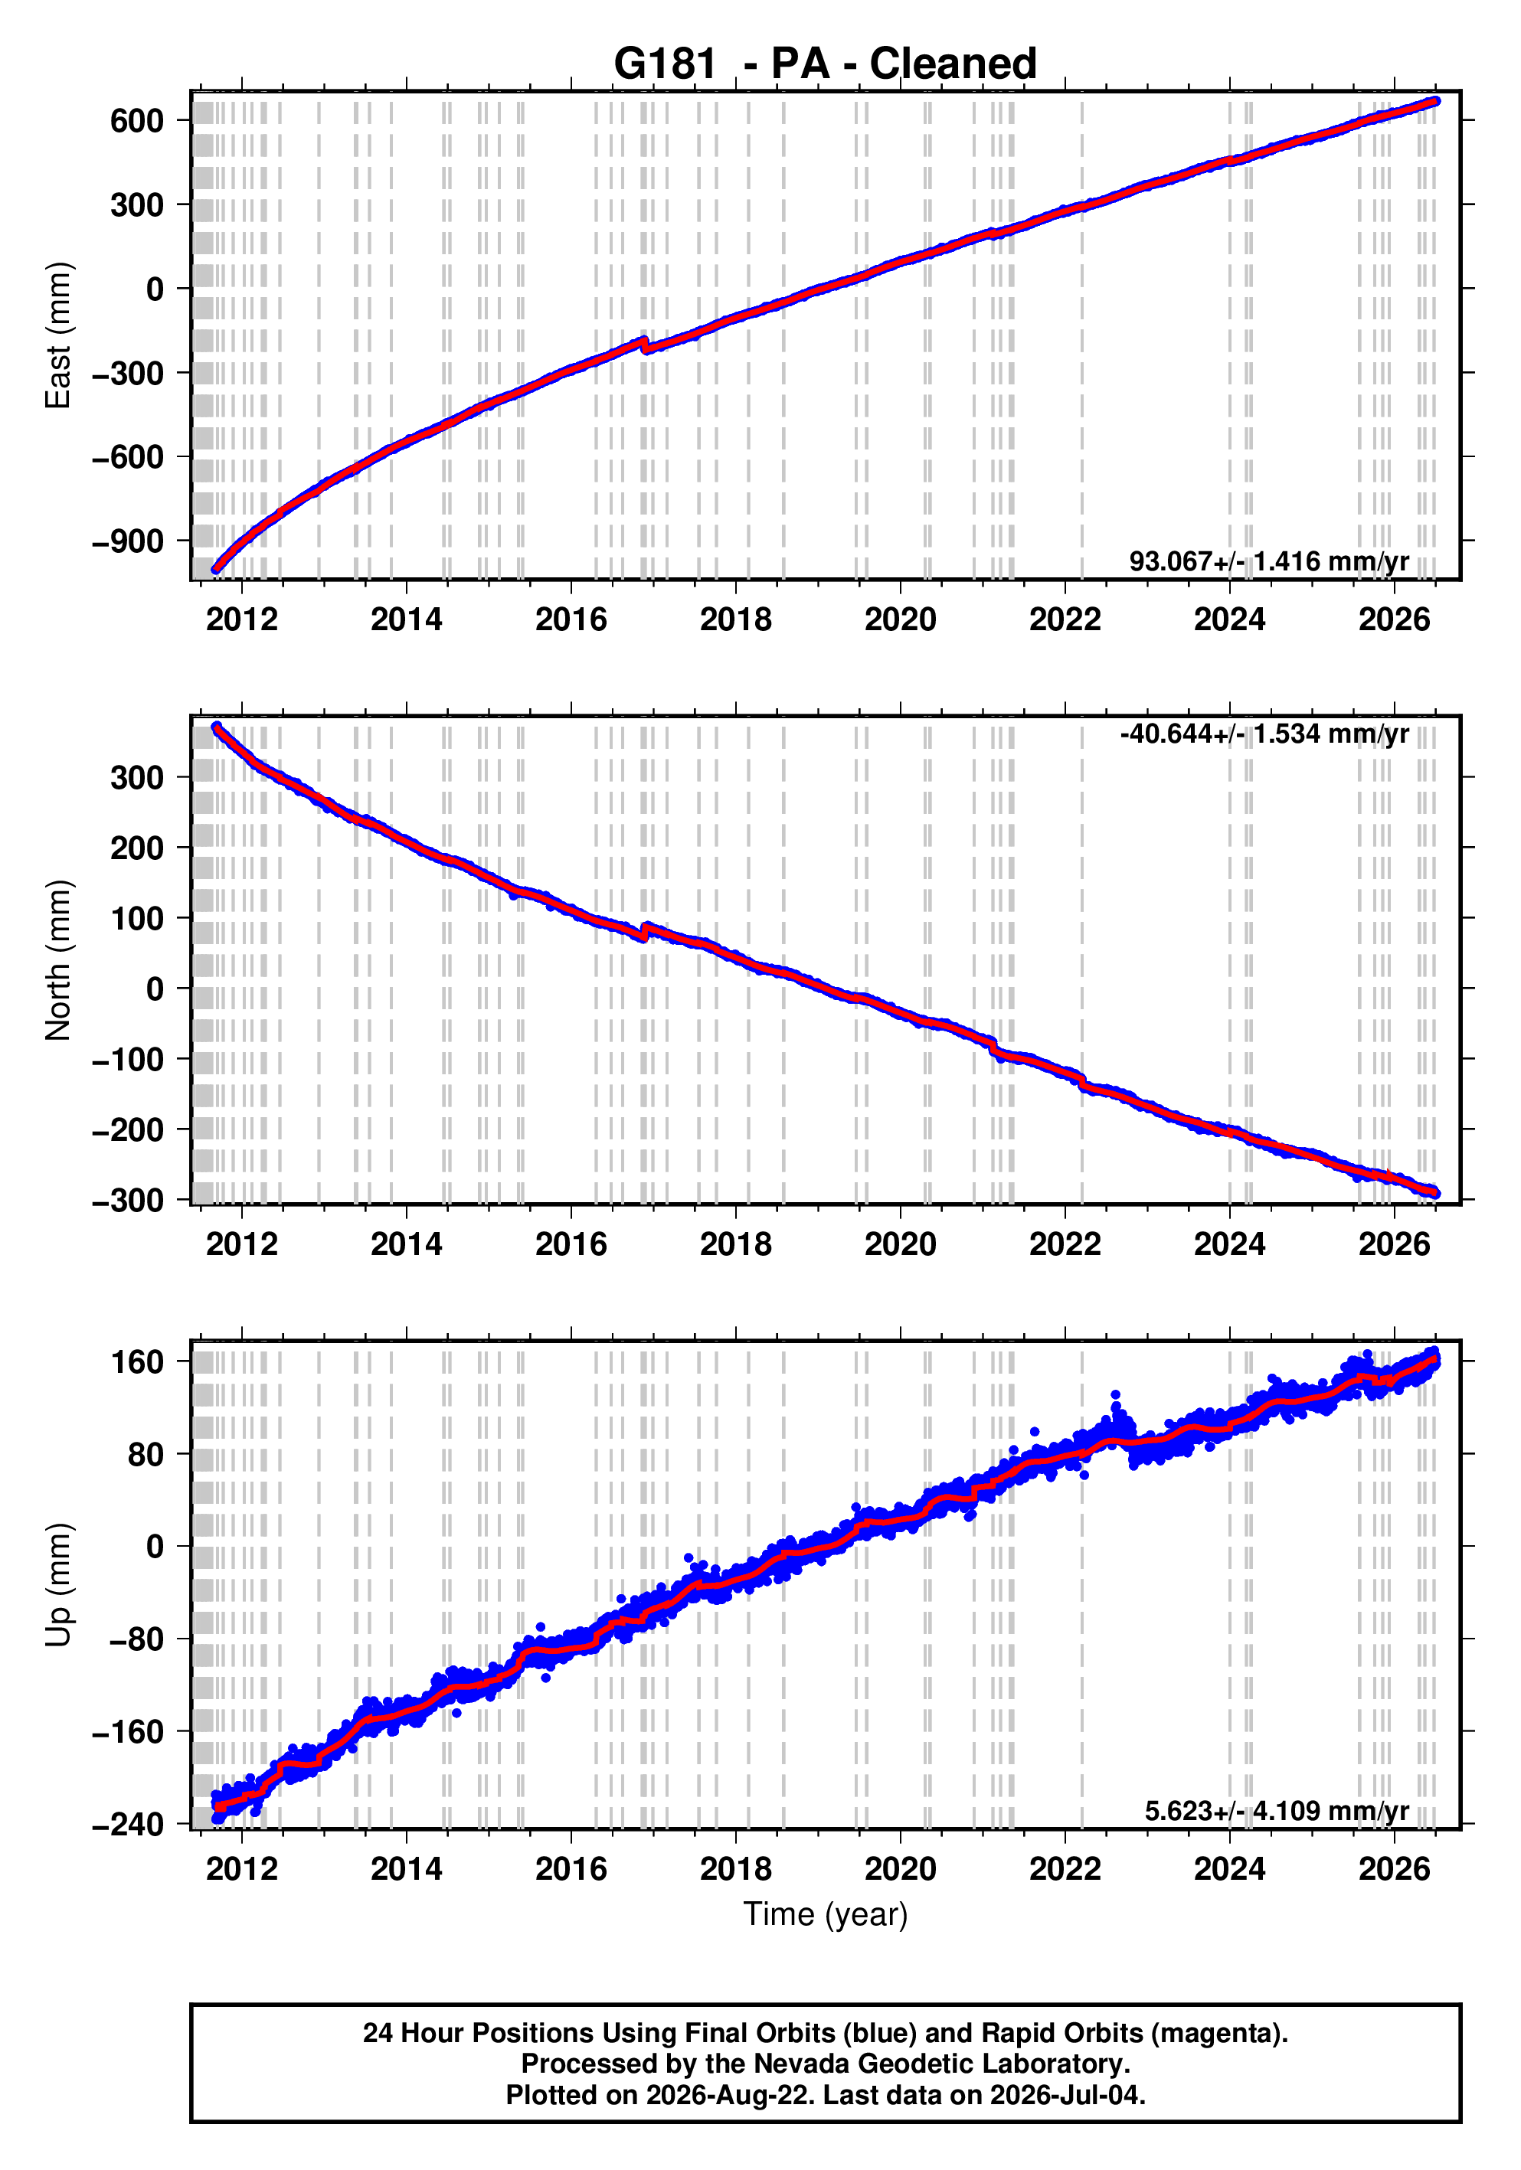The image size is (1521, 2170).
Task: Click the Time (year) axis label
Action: pos(826,1913)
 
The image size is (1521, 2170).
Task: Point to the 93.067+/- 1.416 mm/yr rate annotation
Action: pos(1268,561)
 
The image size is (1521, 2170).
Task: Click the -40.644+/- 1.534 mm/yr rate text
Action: pos(1264,734)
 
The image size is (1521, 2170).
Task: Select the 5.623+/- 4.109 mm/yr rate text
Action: pos(1276,1812)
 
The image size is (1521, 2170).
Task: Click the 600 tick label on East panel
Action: pos(136,121)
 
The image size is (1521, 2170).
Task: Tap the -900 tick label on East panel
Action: pos(128,541)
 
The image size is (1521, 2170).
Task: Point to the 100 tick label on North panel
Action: pos(136,919)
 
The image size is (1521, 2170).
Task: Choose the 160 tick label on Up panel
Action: pos(136,1362)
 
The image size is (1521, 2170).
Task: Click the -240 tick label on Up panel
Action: pos(128,1824)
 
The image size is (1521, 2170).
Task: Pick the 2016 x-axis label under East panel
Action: pos(571,620)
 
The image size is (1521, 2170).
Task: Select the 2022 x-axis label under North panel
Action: pos(1065,1245)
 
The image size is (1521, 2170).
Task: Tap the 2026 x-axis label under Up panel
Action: pos(1395,1869)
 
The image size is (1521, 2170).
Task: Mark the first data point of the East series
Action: pos(215,569)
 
